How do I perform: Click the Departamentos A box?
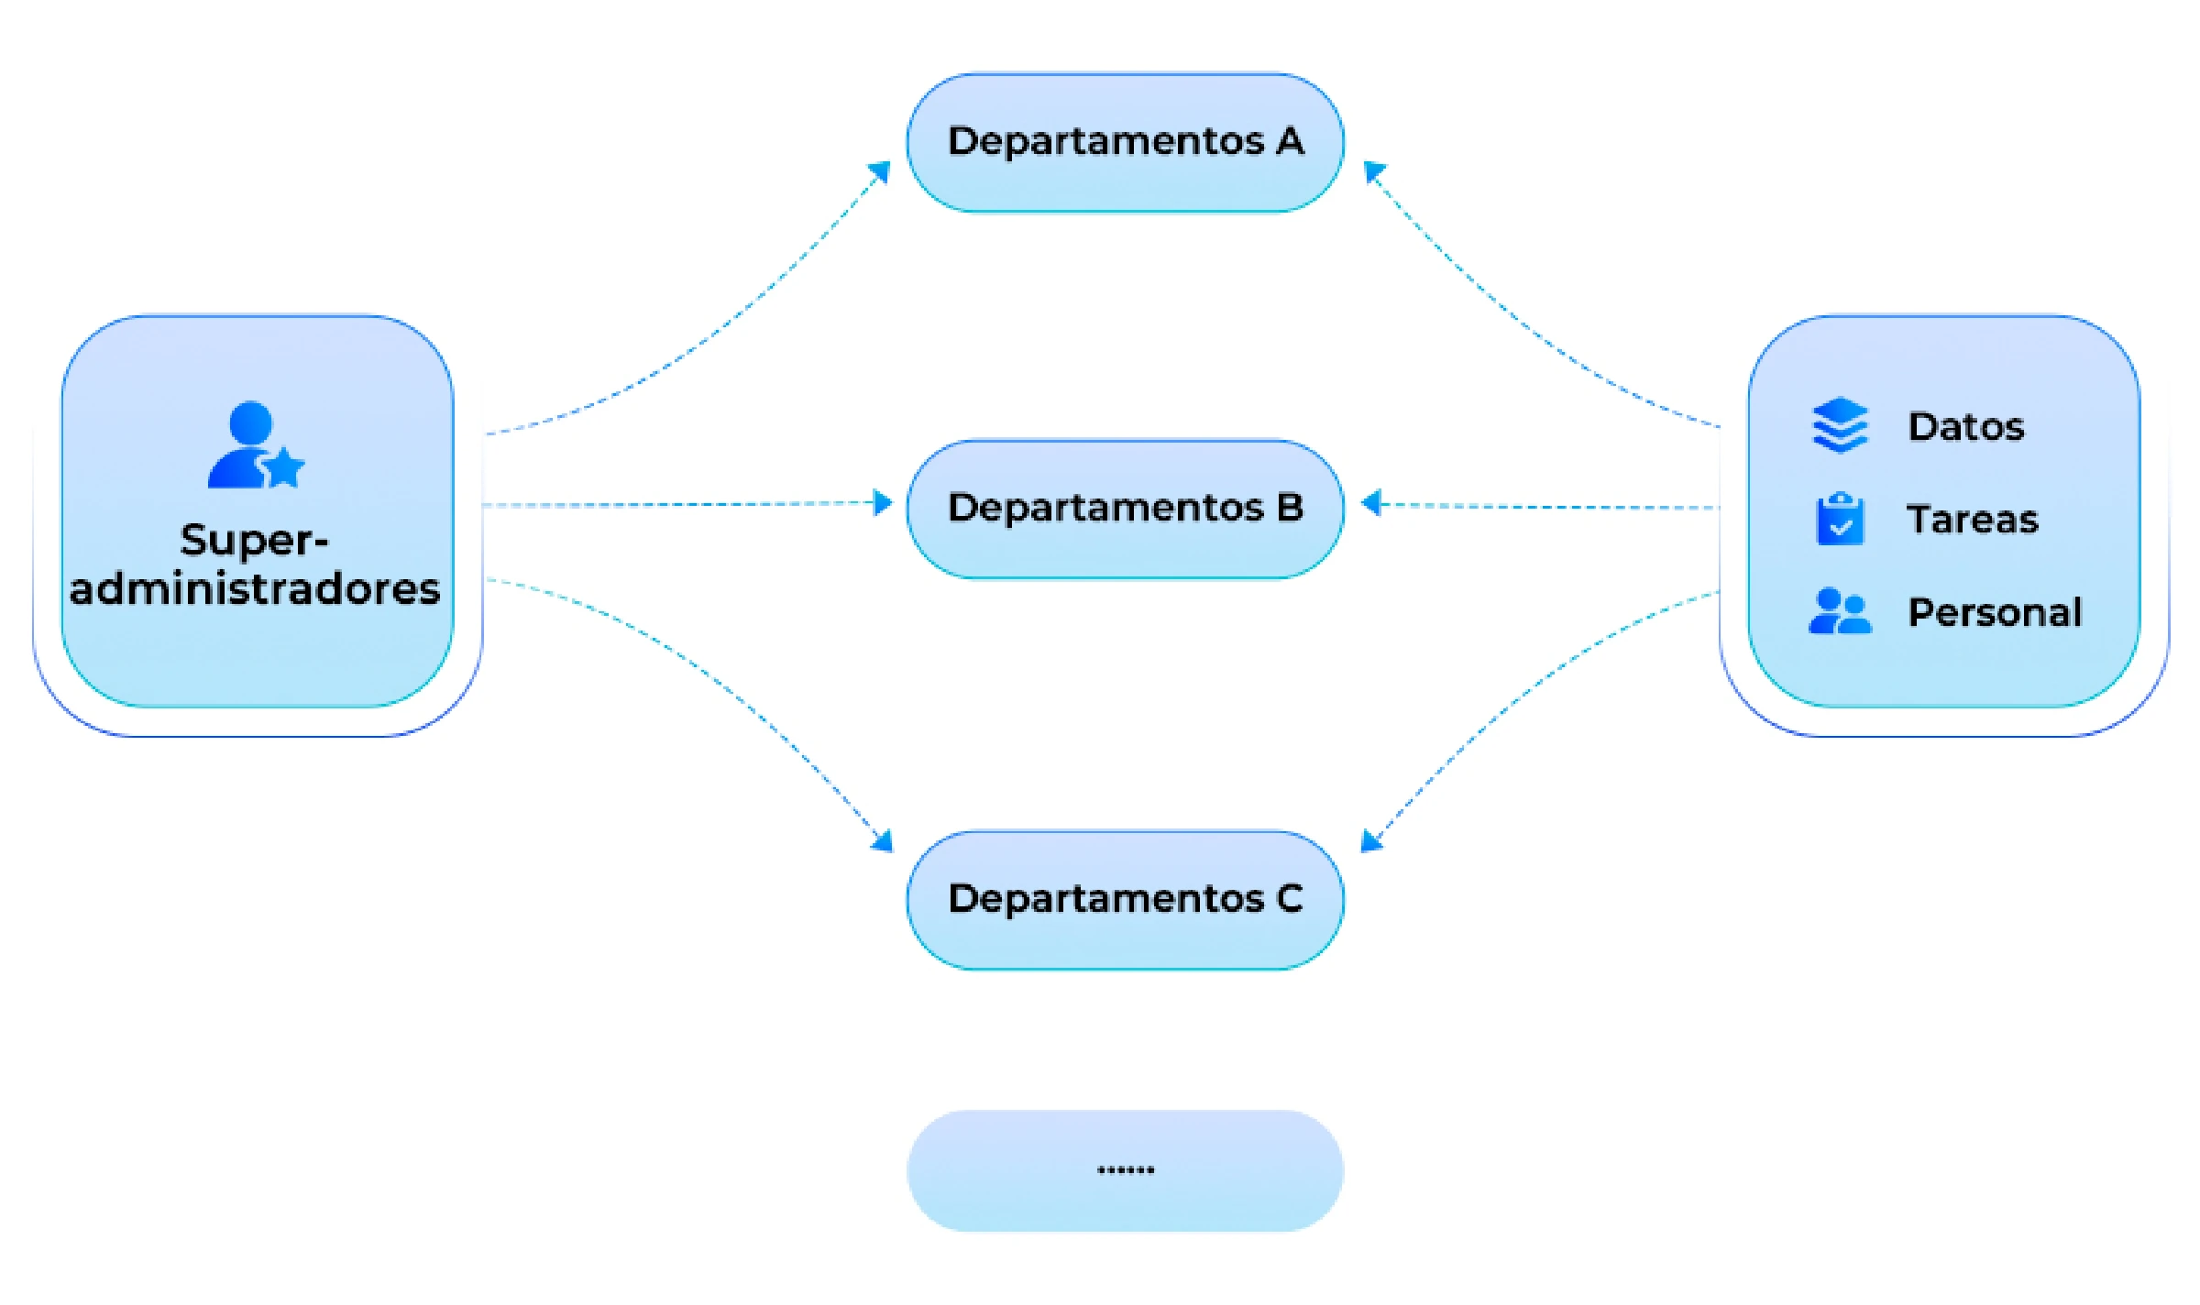click(x=1125, y=143)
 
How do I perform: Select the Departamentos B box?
click(x=1125, y=509)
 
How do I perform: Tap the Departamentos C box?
click(x=1125, y=900)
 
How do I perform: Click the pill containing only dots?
click(x=1125, y=1170)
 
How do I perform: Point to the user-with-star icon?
click(x=254, y=445)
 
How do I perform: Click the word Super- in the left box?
click(x=254, y=541)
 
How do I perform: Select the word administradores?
click(x=255, y=589)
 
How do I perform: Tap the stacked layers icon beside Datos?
click(x=1840, y=425)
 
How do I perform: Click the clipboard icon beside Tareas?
click(x=1840, y=519)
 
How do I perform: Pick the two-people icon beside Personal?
click(x=1840, y=611)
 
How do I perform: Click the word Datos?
click(x=1965, y=427)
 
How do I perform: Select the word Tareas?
click(x=1972, y=520)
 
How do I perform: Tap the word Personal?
click(x=1995, y=612)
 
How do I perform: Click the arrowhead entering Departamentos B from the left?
click(x=883, y=503)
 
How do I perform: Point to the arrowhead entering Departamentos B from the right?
click(x=1370, y=503)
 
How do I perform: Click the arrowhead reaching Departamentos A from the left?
click(x=881, y=171)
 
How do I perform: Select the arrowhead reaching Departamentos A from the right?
click(x=1373, y=171)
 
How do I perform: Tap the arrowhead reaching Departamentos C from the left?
click(x=883, y=840)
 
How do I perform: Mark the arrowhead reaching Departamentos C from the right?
click(x=1370, y=840)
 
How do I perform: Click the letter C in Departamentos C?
click(x=1289, y=899)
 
